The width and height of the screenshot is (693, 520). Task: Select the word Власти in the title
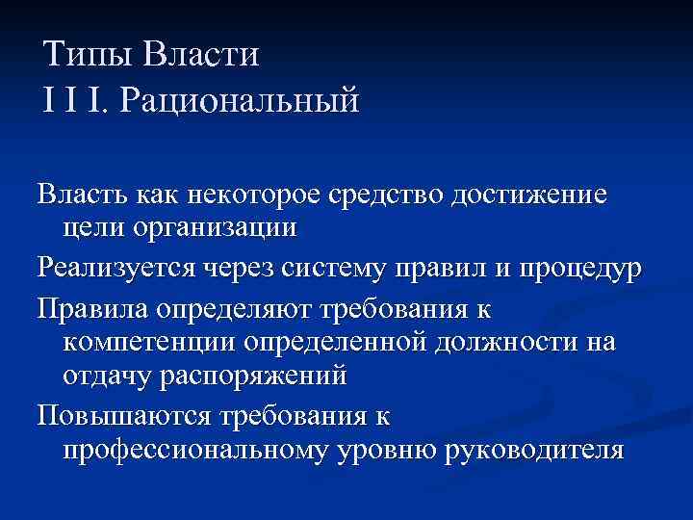click(x=201, y=55)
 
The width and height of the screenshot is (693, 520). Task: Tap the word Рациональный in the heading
click(x=238, y=100)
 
